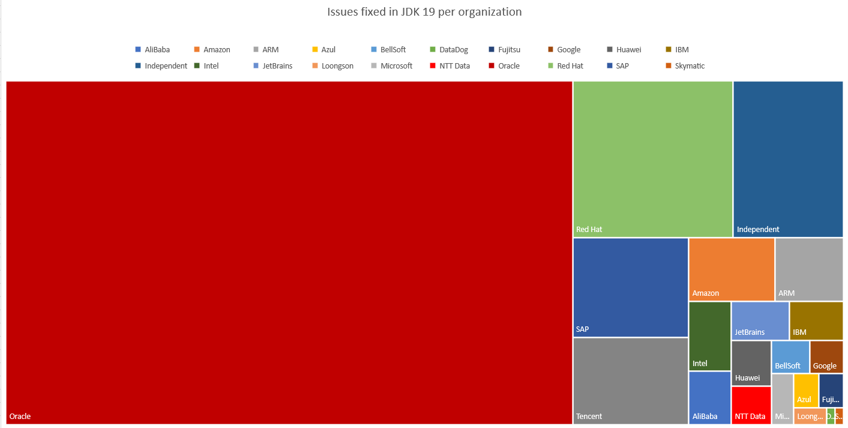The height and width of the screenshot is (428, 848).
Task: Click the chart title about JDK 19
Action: click(x=424, y=12)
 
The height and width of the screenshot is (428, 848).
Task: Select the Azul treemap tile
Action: click(x=806, y=390)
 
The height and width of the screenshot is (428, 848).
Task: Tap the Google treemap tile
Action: click(x=826, y=356)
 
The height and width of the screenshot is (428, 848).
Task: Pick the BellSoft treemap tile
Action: click(x=790, y=356)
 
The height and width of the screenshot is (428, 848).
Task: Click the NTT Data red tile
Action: click(x=751, y=405)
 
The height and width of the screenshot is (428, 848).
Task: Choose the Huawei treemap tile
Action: click(x=751, y=362)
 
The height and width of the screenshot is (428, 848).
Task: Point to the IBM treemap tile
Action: click(x=816, y=320)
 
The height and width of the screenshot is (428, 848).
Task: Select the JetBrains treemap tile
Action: click(x=760, y=320)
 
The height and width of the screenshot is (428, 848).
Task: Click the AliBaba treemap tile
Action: click(x=709, y=397)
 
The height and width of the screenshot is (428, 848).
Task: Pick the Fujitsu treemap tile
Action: click(x=831, y=390)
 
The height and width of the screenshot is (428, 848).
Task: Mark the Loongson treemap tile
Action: click(x=810, y=416)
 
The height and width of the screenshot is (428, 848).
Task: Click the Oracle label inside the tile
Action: click(x=20, y=416)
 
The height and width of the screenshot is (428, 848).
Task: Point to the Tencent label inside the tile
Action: click(x=589, y=416)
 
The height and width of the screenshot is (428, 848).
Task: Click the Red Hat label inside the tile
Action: click(x=589, y=229)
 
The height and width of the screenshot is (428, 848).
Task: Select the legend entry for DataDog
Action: click(x=449, y=50)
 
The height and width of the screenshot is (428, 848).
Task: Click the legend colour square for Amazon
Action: click(x=197, y=50)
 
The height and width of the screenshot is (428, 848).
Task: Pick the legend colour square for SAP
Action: click(x=610, y=66)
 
